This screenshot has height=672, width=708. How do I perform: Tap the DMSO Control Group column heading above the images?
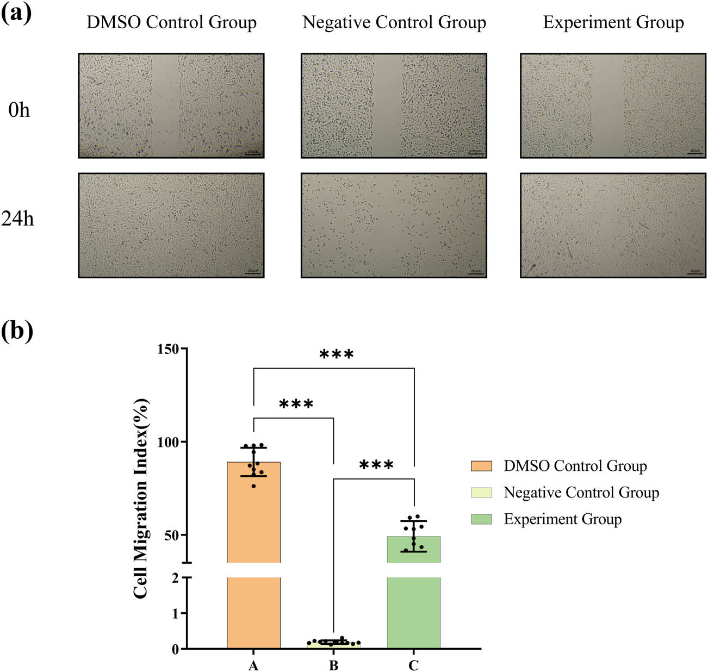click(x=171, y=23)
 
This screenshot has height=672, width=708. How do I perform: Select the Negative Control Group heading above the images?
click(x=394, y=23)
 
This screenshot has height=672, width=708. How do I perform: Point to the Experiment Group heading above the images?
click(x=613, y=23)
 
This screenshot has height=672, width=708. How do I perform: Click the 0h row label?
click(x=19, y=110)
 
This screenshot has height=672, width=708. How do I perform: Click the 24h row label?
click(x=17, y=219)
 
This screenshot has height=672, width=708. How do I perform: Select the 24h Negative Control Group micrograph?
click(x=394, y=225)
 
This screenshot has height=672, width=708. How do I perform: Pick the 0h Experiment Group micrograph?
click(x=613, y=105)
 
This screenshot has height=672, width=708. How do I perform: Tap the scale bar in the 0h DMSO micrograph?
click(x=252, y=154)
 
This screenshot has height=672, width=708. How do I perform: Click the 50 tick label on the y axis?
click(x=172, y=536)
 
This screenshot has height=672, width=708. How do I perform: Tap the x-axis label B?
click(x=333, y=665)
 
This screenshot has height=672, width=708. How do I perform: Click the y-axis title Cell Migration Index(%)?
click(x=140, y=498)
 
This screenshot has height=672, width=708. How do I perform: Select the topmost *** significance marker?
click(x=336, y=356)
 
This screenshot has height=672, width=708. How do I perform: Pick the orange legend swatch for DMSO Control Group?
click(x=481, y=466)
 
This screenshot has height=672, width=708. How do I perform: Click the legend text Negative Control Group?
click(x=581, y=493)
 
